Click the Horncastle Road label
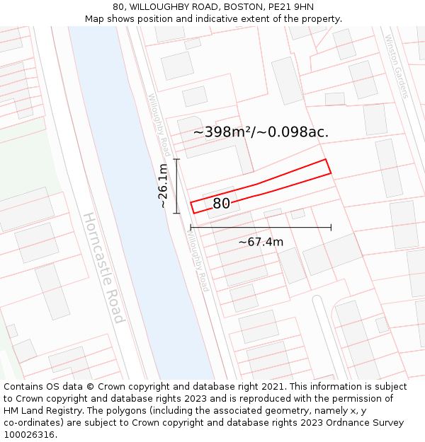[104, 267]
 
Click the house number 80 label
[221, 204]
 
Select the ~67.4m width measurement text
[261, 242]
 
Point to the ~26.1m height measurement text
[163, 185]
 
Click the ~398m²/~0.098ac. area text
[261, 132]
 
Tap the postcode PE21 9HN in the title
[290, 7]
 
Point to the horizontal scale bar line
[261, 228]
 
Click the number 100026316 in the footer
[29, 434]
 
